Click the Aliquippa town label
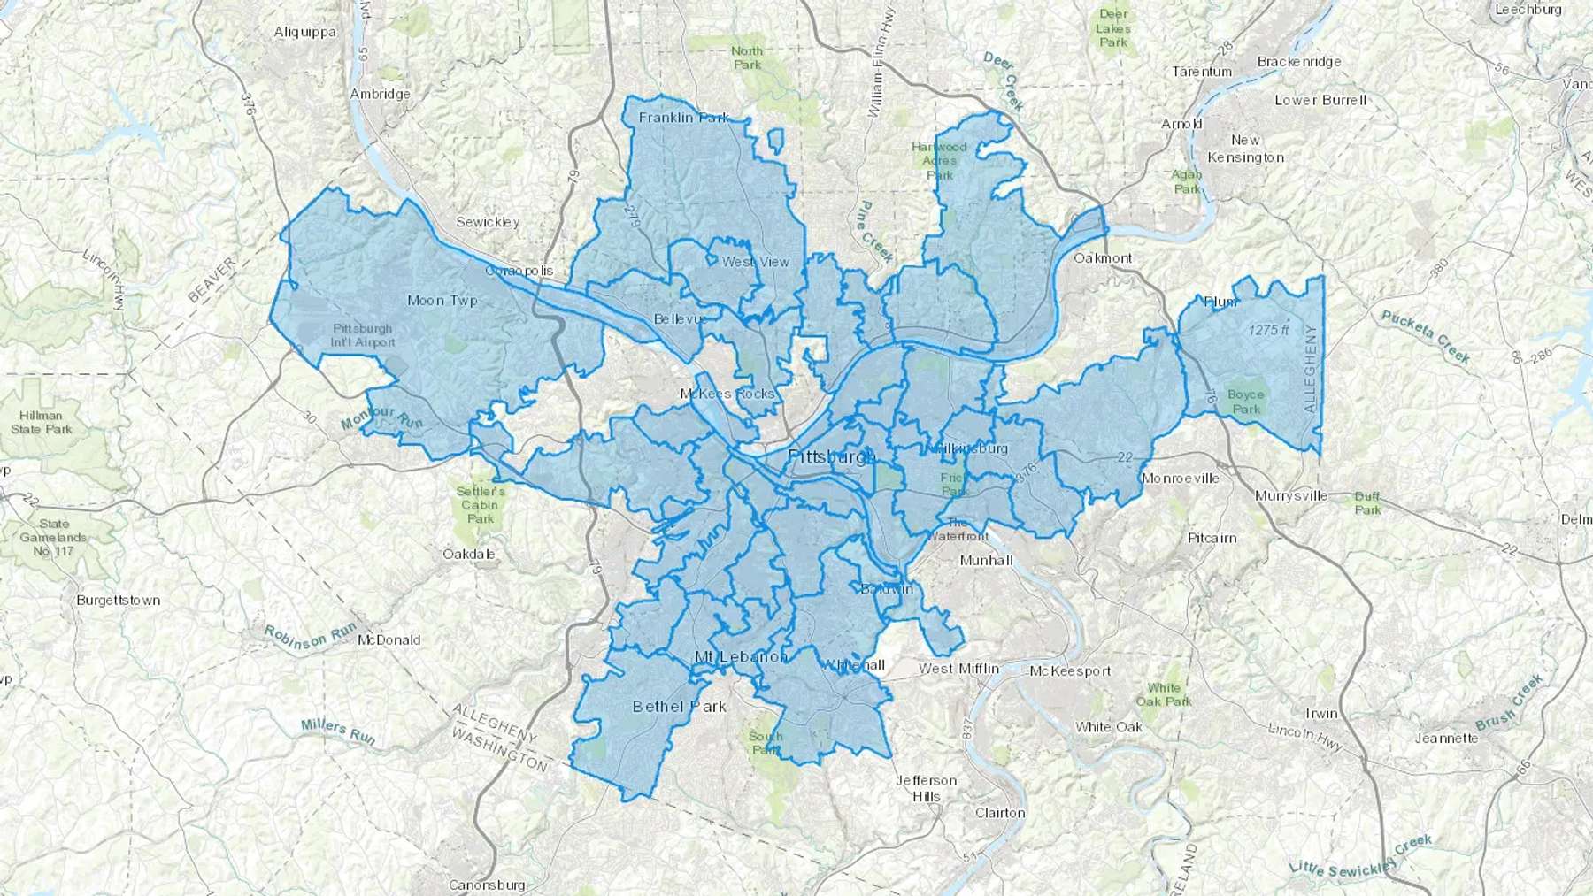(x=304, y=32)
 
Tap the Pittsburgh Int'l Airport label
(x=363, y=335)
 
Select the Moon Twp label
(x=442, y=301)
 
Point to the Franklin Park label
(x=683, y=118)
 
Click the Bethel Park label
(x=679, y=706)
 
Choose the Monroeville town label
(x=1180, y=479)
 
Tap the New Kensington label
(x=1245, y=149)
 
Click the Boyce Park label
(x=1245, y=402)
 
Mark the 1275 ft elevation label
(x=1268, y=330)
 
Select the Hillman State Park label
(x=42, y=422)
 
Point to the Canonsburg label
(x=487, y=885)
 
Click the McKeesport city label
(x=1070, y=671)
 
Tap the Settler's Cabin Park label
(x=481, y=505)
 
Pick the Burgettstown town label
(x=119, y=600)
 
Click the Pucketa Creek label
(x=1425, y=337)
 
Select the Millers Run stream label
(x=338, y=731)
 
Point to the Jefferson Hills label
(x=926, y=788)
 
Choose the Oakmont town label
(x=1102, y=258)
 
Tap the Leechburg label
(x=1528, y=10)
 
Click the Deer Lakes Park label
(x=1113, y=28)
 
